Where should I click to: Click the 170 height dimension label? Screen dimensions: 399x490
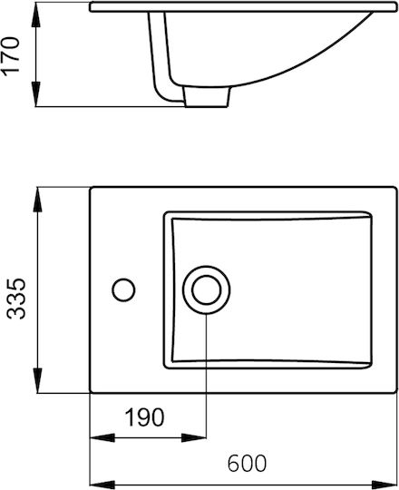[10, 56]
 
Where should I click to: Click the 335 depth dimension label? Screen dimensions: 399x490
[16, 299]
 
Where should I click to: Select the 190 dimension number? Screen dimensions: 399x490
[144, 417]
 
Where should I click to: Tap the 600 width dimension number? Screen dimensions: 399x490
[247, 463]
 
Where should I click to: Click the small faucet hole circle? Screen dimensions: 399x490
[123, 290]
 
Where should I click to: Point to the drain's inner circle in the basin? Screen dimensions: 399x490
[207, 290]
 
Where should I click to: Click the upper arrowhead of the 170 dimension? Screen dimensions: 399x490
[36, 15]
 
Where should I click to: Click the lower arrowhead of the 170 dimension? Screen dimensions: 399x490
[36, 94]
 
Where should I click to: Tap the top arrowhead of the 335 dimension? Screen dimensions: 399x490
[37, 200]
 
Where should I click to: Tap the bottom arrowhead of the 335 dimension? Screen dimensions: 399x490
[37, 380]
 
